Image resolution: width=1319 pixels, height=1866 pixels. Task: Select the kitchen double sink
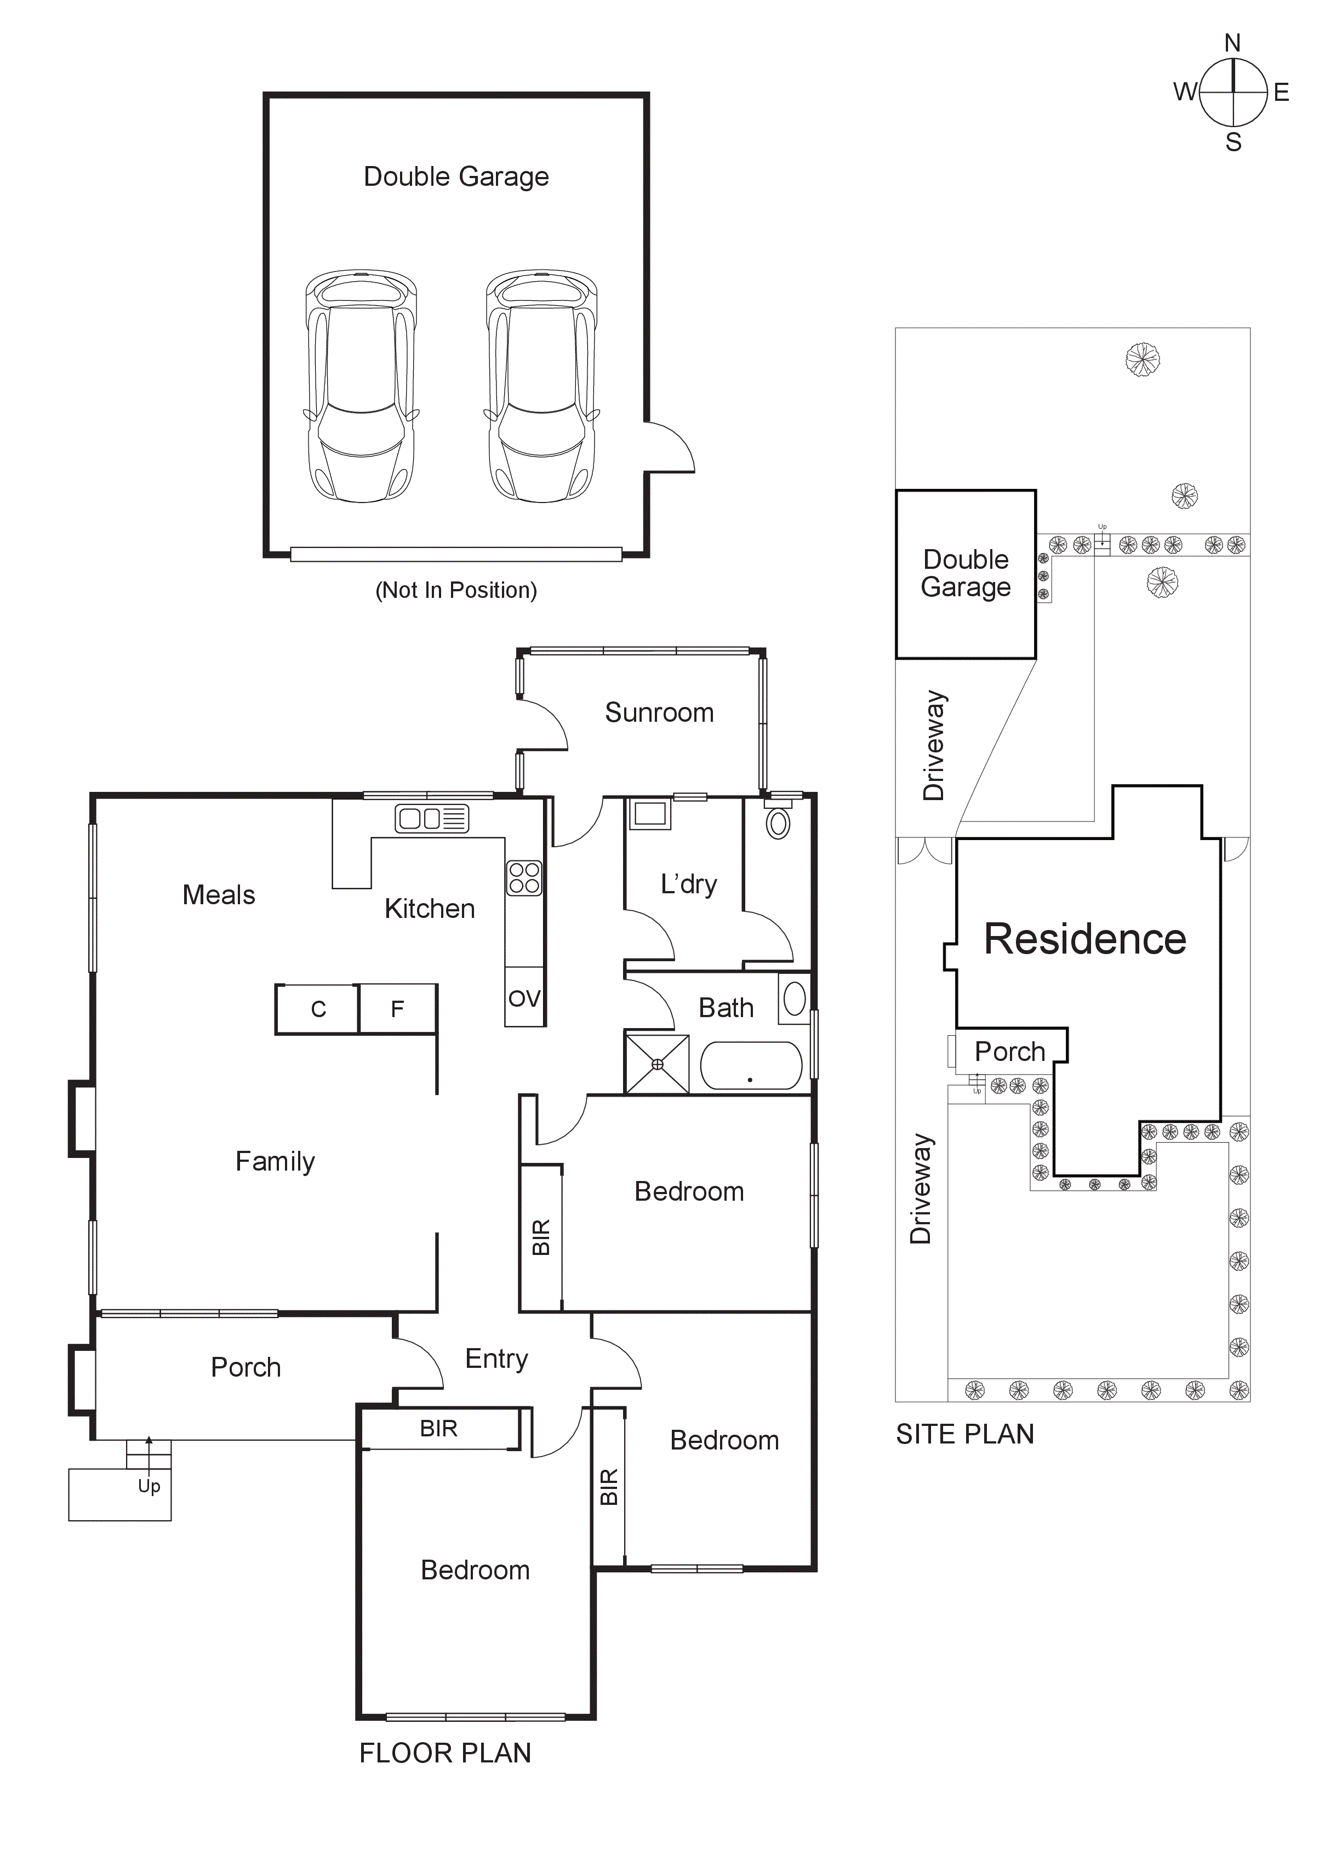click(x=432, y=818)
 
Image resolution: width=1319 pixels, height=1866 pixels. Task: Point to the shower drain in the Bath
click(x=658, y=1065)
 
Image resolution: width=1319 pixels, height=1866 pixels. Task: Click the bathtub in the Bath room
click(x=750, y=1065)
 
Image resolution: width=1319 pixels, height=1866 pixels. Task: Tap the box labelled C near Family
click(x=318, y=1009)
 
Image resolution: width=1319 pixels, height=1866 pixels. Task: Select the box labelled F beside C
click(x=397, y=1009)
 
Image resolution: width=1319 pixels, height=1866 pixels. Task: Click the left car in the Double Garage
click(x=362, y=386)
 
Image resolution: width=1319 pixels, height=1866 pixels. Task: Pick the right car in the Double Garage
click(x=542, y=386)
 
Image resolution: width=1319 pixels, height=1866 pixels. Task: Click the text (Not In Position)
click(x=456, y=590)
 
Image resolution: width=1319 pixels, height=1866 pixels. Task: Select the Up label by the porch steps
click(x=149, y=1486)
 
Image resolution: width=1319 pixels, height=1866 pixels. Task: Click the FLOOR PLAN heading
click(x=444, y=1753)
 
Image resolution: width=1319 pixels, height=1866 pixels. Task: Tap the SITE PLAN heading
click(x=964, y=1435)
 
